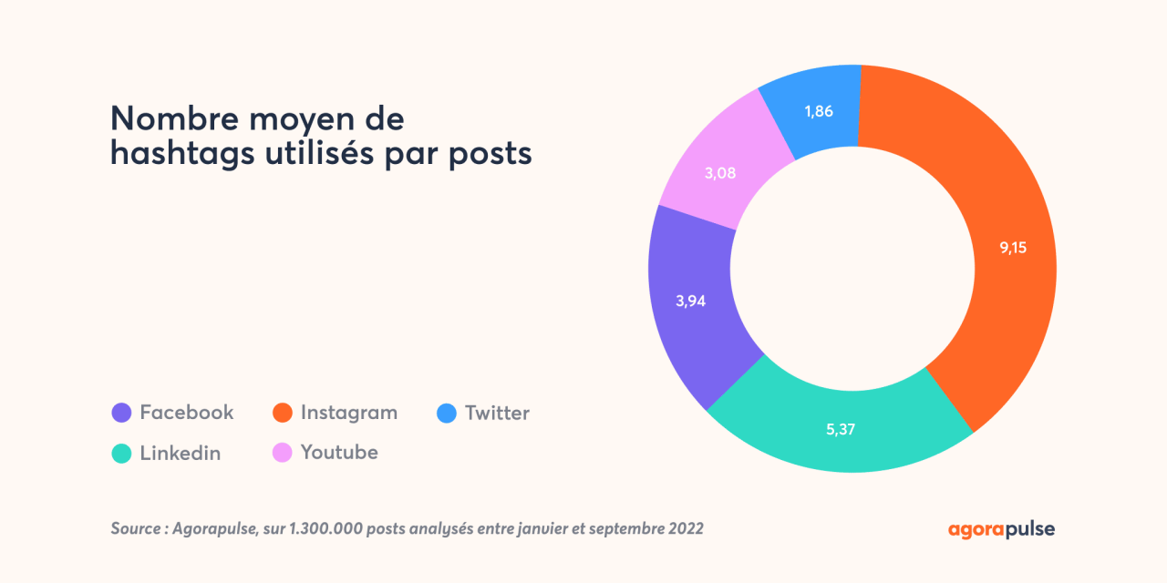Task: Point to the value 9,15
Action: pos(1013,247)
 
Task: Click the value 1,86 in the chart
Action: pos(819,111)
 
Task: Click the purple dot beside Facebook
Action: pos(120,414)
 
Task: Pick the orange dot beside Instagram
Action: pos(283,414)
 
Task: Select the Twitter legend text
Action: pos(497,413)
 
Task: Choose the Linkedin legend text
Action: pos(180,453)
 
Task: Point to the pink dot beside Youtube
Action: pos(283,453)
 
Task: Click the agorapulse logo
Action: pos(1001,528)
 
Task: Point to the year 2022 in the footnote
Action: pos(685,528)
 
